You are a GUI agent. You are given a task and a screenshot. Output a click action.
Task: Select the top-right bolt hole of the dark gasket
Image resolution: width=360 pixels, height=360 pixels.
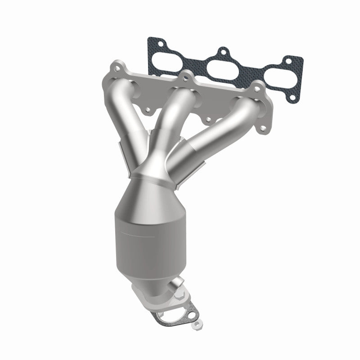(287, 62)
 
